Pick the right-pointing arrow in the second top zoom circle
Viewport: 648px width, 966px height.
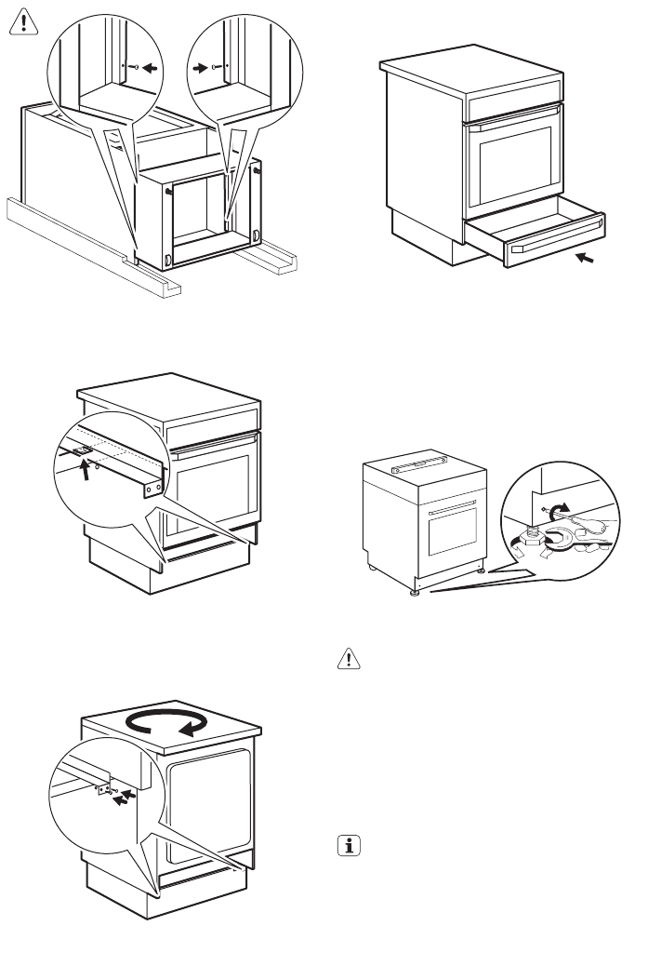201,66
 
